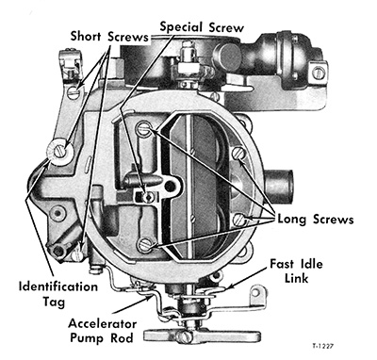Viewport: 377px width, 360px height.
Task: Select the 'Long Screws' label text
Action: (x=314, y=219)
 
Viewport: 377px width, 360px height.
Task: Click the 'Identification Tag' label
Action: (x=58, y=290)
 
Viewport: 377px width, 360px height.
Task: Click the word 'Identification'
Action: (x=58, y=283)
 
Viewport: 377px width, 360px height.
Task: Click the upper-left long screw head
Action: (x=142, y=129)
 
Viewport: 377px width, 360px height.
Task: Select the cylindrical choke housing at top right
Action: (x=287, y=47)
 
